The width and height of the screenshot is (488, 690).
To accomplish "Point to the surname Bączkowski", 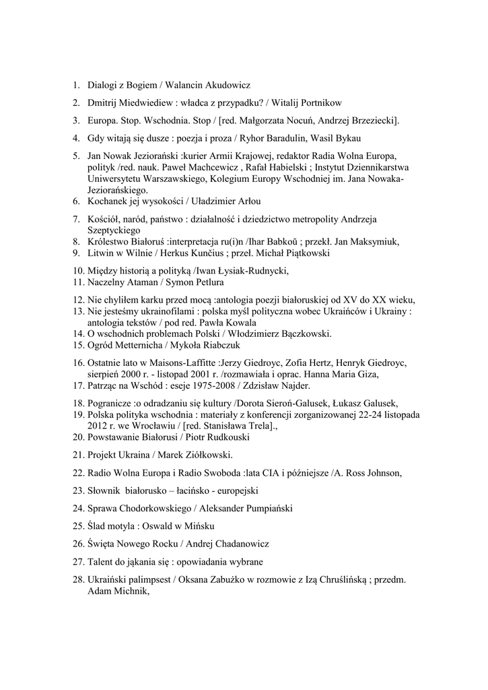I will point(303,334).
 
